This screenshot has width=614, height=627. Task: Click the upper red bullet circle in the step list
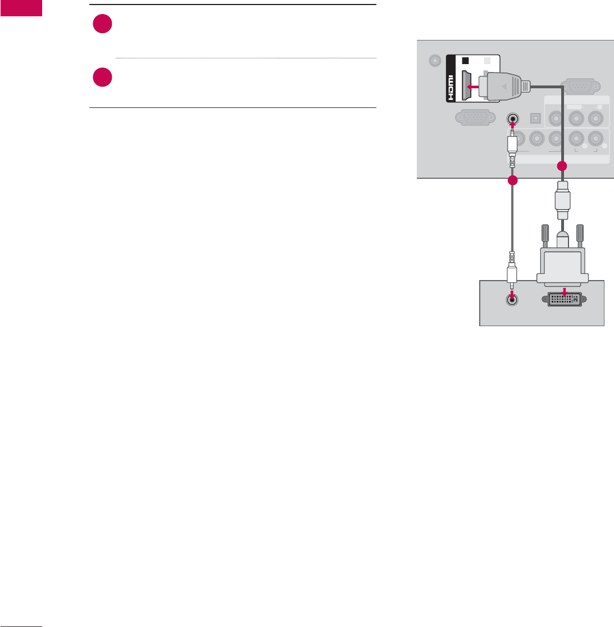pos(103,25)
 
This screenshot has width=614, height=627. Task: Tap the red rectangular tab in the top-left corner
pos(21,8)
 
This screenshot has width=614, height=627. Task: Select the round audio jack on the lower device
pos(512,300)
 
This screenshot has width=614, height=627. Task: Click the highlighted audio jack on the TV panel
pos(512,119)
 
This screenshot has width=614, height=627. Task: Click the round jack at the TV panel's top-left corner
pos(434,61)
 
